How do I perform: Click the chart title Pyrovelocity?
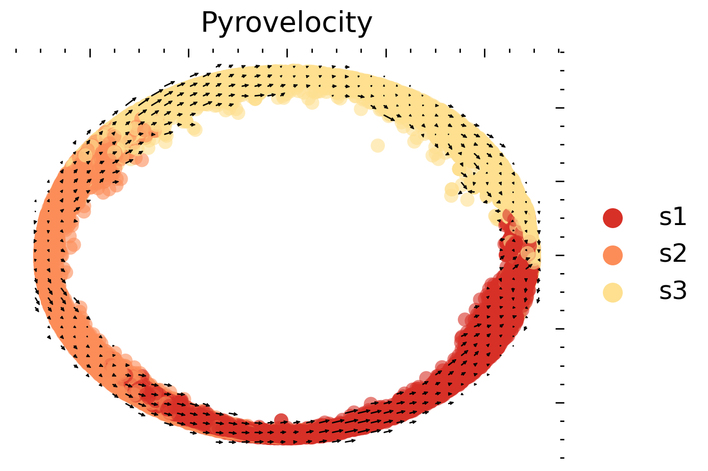tap(286, 23)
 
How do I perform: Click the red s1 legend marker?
tap(613, 218)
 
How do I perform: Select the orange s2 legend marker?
tap(613, 255)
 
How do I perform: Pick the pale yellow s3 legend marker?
tap(613, 292)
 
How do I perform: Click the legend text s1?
tap(673, 218)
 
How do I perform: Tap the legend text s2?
tap(673, 255)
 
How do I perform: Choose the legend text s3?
tap(673, 292)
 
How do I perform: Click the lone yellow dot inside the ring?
tap(377, 145)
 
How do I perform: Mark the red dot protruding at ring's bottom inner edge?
tap(281, 419)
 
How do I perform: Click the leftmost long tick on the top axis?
tap(90, 53)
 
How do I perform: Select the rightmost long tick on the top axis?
tap(484, 53)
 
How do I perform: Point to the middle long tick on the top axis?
tap(287, 53)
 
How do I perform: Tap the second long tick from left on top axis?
tap(189, 53)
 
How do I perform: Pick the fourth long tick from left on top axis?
tap(386, 53)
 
